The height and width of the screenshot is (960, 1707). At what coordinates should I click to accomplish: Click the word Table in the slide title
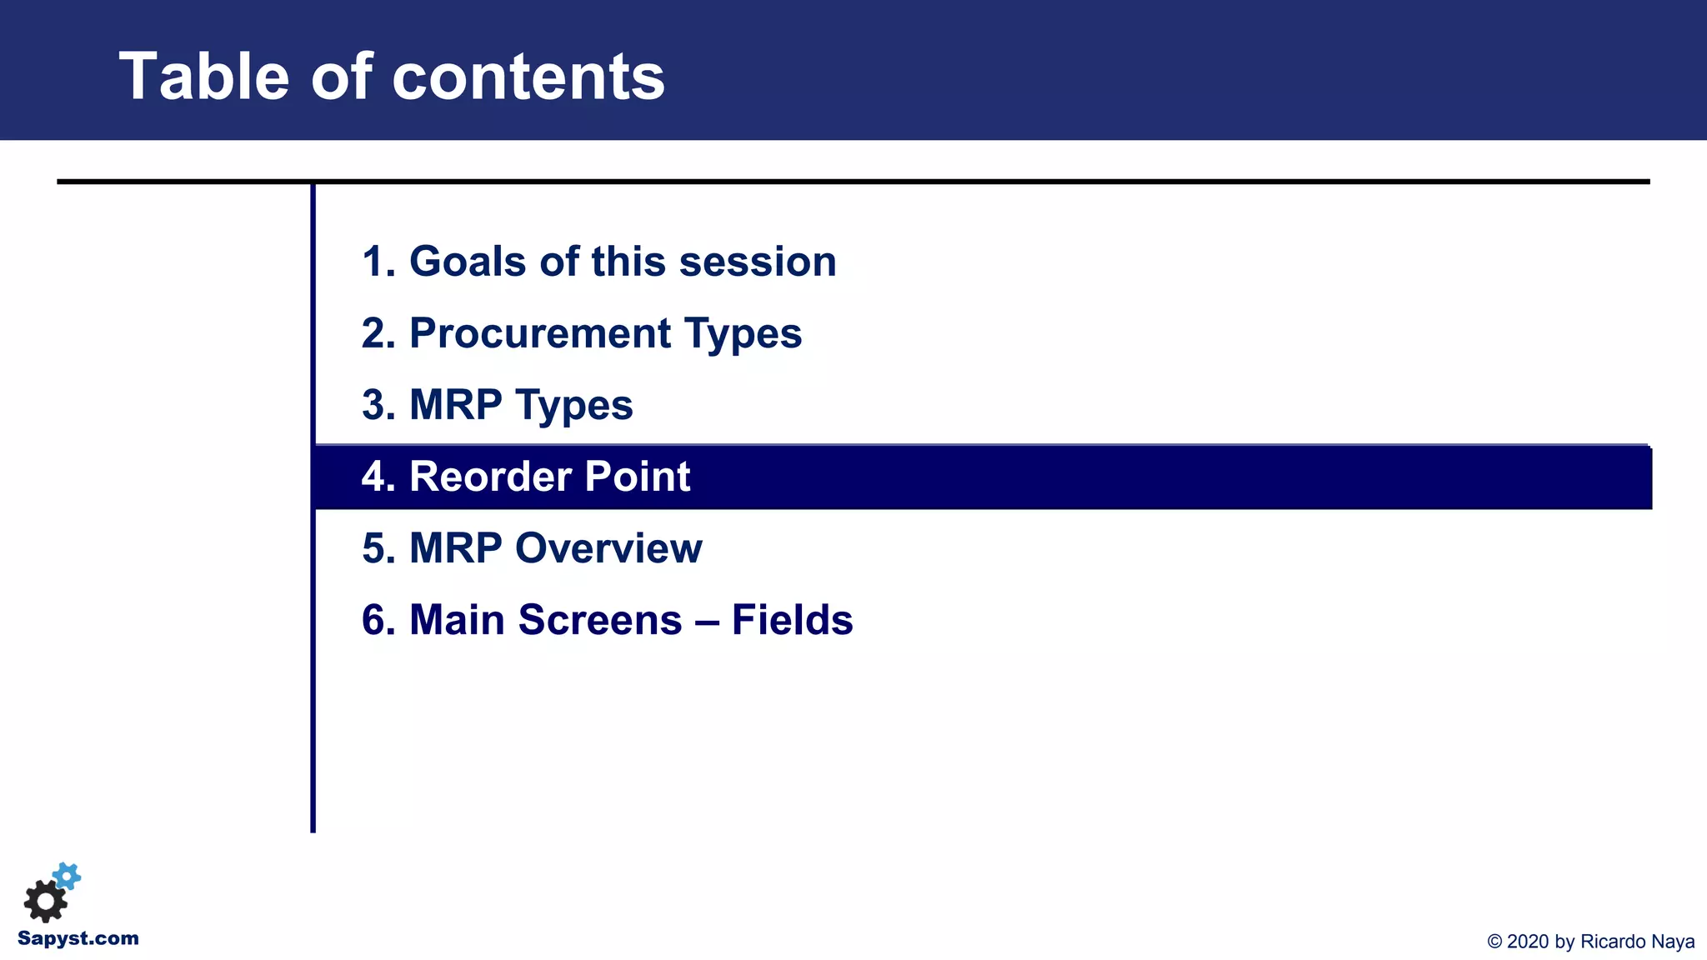click(204, 77)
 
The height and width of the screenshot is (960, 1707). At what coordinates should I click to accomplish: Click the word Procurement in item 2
click(540, 333)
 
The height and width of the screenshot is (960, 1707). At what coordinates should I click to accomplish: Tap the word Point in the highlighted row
click(638, 477)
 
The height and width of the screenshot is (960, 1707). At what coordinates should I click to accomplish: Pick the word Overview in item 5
click(608, 548)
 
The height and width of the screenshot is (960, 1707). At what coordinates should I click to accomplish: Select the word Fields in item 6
click(792, 620)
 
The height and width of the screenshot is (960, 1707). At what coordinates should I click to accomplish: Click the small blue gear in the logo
click(67, 876)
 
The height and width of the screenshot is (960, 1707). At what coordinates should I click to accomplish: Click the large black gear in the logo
click(45, 901)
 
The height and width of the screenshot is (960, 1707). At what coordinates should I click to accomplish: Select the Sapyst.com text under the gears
click(78, 938)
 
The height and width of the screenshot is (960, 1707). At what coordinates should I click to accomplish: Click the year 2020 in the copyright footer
click(1528, 942)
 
